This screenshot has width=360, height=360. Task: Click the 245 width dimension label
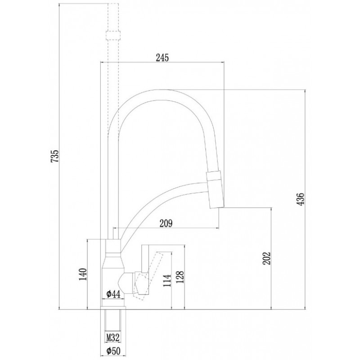[162, 58]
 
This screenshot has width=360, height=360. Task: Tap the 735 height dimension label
[54, 157]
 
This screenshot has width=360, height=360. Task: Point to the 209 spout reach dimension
[166, 223]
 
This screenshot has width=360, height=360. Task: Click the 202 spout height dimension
[267, 258]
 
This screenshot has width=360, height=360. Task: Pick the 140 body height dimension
[83, 274]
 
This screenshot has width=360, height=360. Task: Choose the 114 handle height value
[167, 280]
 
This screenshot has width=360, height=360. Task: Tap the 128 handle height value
[180, 277]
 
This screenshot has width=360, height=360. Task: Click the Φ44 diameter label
[113, 294]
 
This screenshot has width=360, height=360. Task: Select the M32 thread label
[113, 337]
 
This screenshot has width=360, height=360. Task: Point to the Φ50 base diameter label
[113, 351]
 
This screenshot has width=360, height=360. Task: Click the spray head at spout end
[215, 189]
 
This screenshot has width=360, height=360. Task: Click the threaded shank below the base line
[113, 320]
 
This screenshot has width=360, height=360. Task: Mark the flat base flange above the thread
[113, 308]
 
